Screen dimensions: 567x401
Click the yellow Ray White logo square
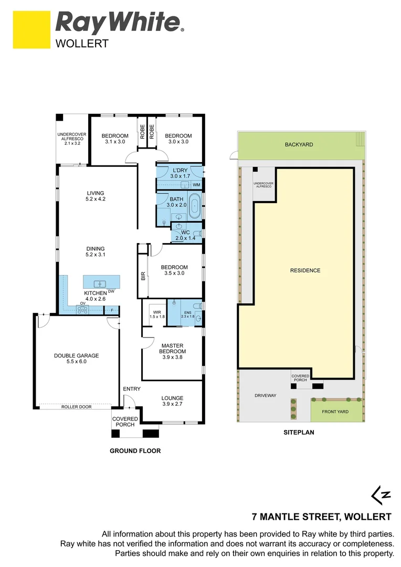[x=30, y=30]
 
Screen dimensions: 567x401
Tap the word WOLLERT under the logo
[x=82, y=44]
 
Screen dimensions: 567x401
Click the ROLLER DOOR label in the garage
[x=73, y=406]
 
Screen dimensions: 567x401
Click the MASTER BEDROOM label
[x=172, y=348]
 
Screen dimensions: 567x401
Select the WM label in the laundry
[x=196, y=185]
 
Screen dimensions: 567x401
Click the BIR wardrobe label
[x=143, y=275]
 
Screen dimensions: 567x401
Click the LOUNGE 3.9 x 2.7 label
[x=172, y=401]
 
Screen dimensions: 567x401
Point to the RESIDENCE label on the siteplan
[x=305, y=270]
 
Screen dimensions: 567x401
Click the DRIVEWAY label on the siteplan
[x=265, y=395]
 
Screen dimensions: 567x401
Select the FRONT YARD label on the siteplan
[x=336, y=412]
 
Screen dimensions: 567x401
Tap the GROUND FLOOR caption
[x=135, y=450]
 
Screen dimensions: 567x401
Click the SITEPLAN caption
[x=298, y=434]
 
